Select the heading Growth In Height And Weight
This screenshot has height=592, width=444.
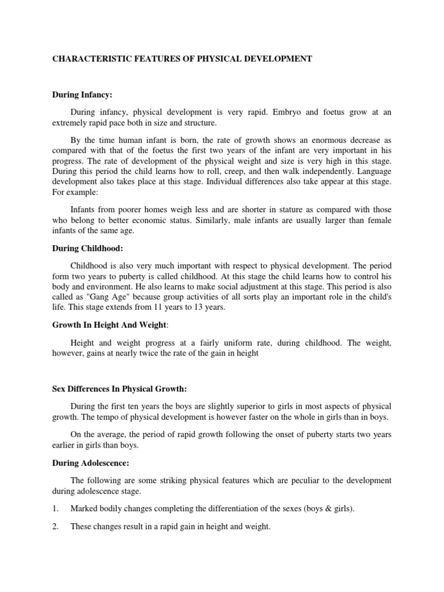102,325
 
